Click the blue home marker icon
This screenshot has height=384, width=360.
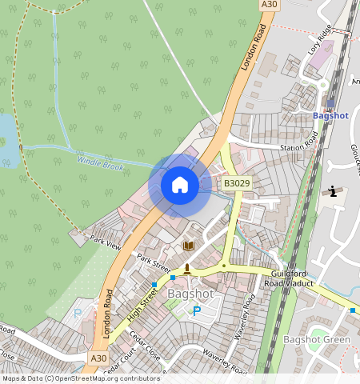pos(180,186)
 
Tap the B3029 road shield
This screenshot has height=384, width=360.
pos(237,183)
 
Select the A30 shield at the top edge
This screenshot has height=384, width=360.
pos(270,5)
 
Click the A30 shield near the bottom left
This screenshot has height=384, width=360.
pos(98,358)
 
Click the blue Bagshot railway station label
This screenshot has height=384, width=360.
pos(330,116)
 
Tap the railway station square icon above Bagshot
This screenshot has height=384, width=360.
pos(330,102)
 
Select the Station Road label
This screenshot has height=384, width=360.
pos(298,146)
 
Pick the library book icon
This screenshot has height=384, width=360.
pos(190,246)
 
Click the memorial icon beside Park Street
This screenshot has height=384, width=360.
pos(186,268)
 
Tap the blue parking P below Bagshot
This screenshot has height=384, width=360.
pos(196,310)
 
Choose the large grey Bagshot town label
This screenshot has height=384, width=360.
pos(190,294)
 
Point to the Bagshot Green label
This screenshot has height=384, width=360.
pos(317,340)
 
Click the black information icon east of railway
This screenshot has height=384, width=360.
pos(333,191)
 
